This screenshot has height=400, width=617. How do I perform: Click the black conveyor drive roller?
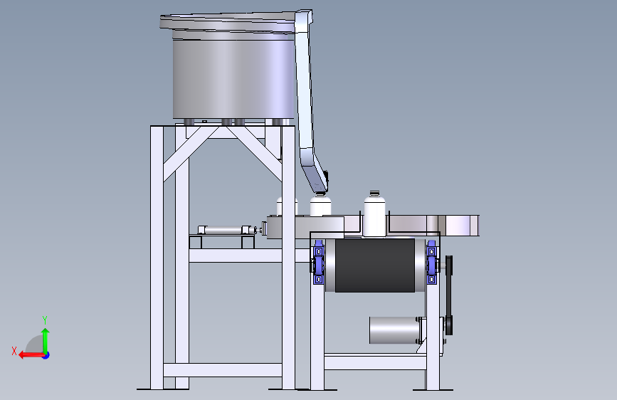tap(375, 265)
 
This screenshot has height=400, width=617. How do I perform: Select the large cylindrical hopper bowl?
tap(233, 79)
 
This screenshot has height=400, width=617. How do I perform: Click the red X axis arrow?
tap(31, 355)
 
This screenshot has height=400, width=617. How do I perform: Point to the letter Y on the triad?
tap(45, 320)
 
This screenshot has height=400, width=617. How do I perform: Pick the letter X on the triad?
tap(14, 351)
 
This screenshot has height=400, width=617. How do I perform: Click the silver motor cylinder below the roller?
tap(394, 330)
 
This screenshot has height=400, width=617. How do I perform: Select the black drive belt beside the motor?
tap(449, 295)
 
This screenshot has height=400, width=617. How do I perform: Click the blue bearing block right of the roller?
tap(432, 262)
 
